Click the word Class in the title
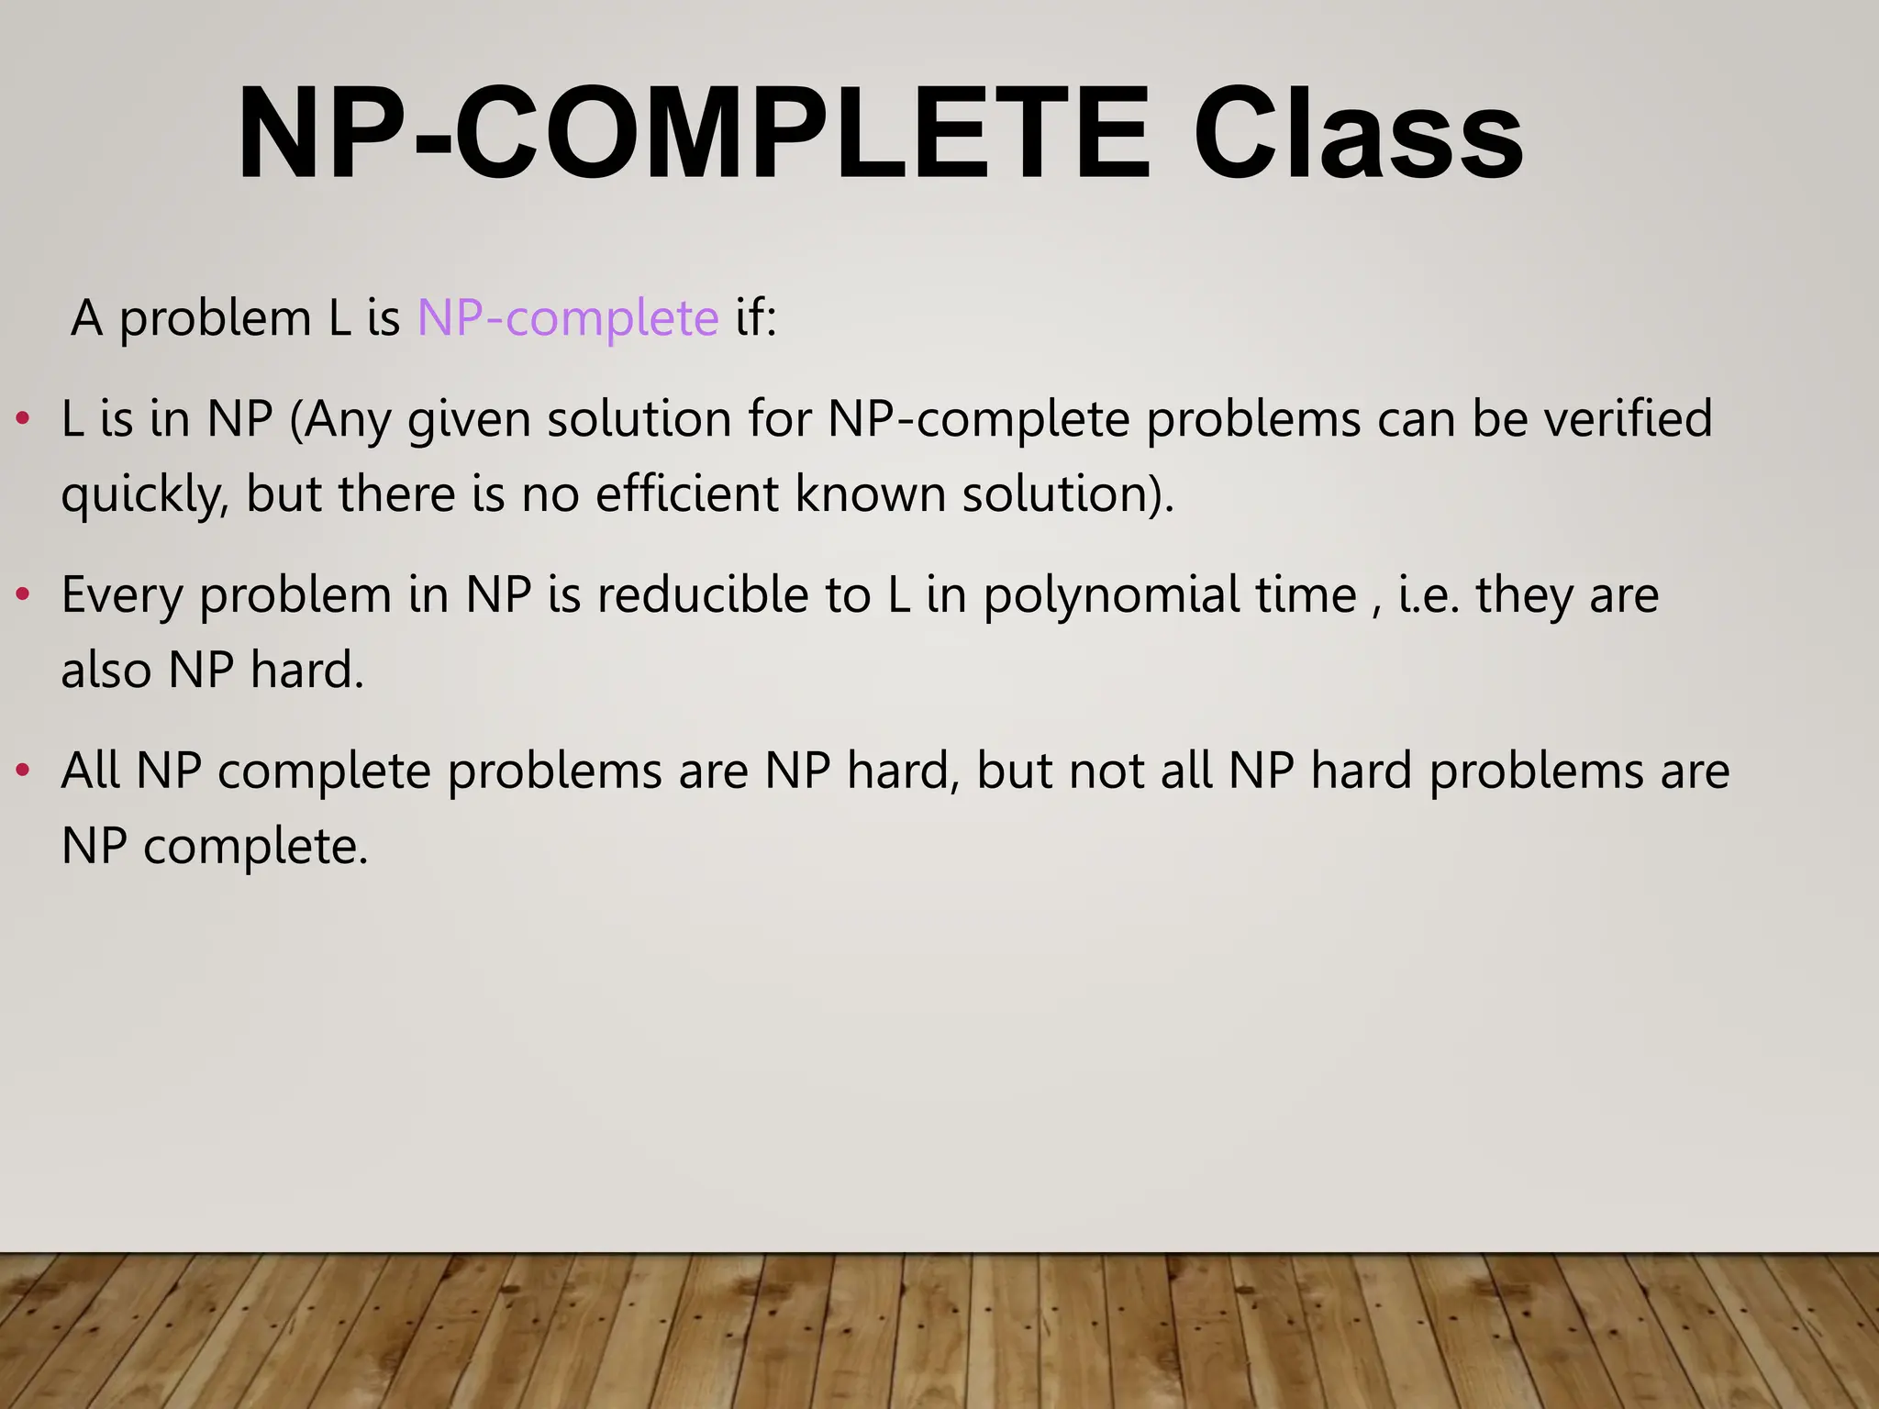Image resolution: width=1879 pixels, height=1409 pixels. click(1358, 136)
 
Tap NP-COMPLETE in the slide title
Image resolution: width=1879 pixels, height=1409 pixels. click(693, 136)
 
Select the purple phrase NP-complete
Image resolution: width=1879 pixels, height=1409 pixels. click(568, 318)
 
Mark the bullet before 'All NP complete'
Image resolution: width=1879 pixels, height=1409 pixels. click(23, 771)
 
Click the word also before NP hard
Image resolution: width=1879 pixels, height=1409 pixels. click(106, 670)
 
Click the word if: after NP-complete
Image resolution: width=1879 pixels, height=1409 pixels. click(755, 318)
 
